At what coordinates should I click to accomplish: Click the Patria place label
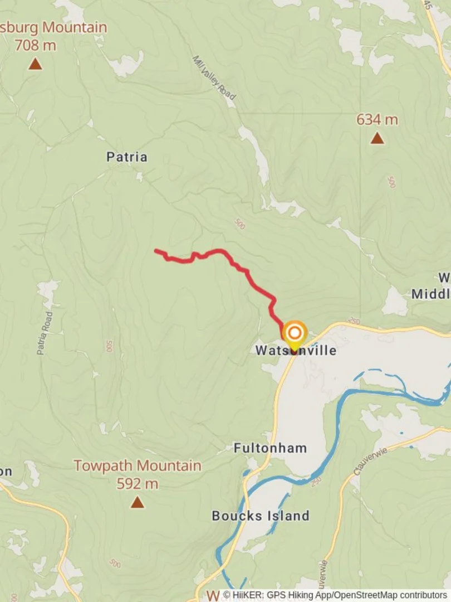pyautogui.click(x=127, y=157)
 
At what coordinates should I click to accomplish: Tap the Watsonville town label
pyautogui.click(x=296, y=351)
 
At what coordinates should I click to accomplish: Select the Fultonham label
pyautogui.click(x=270, y=448)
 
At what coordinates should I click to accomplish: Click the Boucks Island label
pyautogui.click(x=260, y=516)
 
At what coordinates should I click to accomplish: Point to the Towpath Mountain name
pyautogui.click(x=138, y=465)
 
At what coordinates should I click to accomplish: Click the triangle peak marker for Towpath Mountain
pyautogui.click(x=137, y=503)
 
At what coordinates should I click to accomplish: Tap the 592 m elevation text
pyautogui.click(x=137, y=484)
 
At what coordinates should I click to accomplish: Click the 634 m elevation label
pyautogui.click(x=377, y=119)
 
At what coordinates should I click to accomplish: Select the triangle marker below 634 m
pyautogui.click(x=377, y=138)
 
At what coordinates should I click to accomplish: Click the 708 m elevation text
pyautogui.click(x=35, y=46)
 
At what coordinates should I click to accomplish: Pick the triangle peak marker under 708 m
pyautogui.click(x=35, y=65)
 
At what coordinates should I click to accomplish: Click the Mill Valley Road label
pyautogui.click(x=214, y=77)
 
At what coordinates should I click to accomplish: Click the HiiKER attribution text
pyautogui.click(x=335, y=595)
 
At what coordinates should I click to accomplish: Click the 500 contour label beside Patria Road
pyautogui.click(x=109, y=346)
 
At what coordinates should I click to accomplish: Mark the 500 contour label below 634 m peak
pyautogui.click(x=391, y=182)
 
